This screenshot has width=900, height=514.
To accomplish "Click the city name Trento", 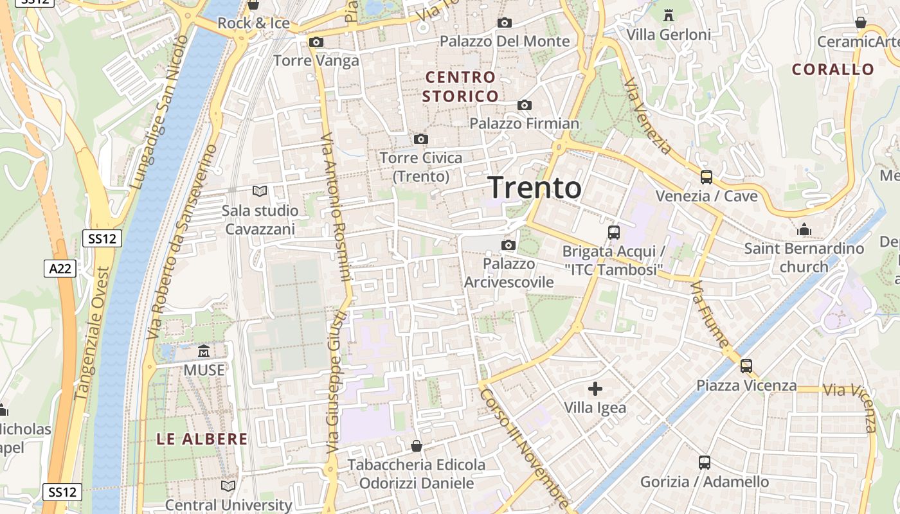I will (535, 188).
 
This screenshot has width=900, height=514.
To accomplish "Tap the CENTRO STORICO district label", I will (461, 87).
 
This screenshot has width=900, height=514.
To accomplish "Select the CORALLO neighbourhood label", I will (833, 69).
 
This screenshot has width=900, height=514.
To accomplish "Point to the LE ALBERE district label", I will (203, 439).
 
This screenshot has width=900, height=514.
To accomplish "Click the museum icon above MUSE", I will (204, 351).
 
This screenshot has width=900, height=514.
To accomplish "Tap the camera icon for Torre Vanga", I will (316, 42).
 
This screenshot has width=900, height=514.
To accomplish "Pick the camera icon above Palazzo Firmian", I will (525, 105).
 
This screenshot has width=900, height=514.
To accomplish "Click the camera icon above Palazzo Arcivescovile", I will (509, 245).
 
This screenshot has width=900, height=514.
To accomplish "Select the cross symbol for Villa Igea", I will (595, 388).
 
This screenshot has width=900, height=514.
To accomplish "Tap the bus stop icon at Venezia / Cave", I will (706, 177).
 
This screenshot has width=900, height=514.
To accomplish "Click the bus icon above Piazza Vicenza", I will (746, 366).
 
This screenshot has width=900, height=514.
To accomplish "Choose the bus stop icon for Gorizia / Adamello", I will (705, 463).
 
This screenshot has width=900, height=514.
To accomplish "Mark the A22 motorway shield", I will (60, 269).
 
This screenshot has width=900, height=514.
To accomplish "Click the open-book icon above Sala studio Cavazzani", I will (260, 191).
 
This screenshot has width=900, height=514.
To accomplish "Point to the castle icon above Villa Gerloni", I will (669, 15).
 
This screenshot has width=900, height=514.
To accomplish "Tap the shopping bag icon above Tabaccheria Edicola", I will (417, 445).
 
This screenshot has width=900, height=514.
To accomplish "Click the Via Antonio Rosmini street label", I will (336, 207).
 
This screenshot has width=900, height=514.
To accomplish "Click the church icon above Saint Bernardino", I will (804, 229).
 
